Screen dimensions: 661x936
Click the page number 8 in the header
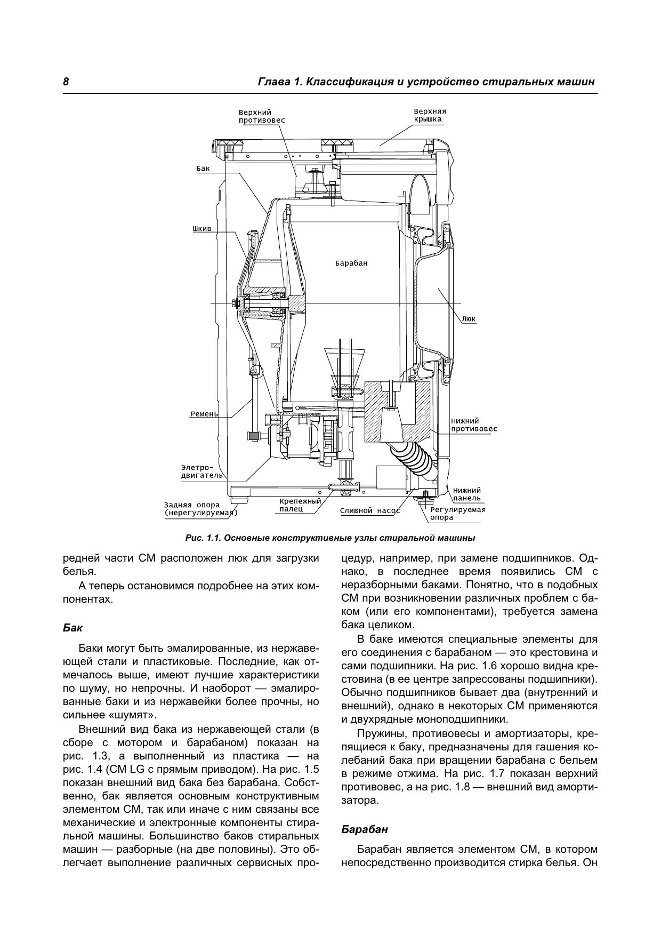click(x=66, y=82)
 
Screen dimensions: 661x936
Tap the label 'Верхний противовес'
click(x=262, y=116)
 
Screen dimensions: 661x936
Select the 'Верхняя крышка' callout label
click(x=430, y=115)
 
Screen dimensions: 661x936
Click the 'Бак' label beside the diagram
click(x=203, y=169)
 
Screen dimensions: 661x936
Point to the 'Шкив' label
click(x=202, y=229)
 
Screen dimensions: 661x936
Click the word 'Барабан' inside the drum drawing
click(x=351, y=263)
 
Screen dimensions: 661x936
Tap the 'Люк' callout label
click(x=469, y=319)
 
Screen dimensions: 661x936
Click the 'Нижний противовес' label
click(x=474, y=425)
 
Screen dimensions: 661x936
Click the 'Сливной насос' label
click(x=370, y=510)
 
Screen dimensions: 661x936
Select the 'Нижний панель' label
click(x=467, y=494)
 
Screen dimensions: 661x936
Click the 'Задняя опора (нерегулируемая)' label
click(x=201, y=509)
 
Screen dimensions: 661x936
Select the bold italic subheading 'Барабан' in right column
click(x=365, y=830)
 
